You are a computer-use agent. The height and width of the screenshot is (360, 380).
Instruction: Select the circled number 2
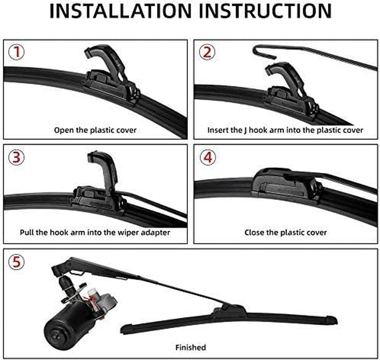[x=207, y=53]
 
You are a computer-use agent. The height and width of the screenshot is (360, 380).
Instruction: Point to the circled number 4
[x=207, y=157]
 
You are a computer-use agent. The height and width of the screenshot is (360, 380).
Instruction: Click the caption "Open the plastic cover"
[x=95, y=130]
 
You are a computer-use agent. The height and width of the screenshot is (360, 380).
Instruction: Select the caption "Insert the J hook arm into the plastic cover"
[x=285, y=130]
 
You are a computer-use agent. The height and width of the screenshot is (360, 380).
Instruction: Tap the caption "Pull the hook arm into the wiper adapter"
[x=95, y=233]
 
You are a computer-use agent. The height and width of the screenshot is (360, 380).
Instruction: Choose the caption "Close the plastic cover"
[x=285, y=233]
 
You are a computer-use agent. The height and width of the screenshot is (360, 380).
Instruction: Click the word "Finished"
[x=190, y=347]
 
